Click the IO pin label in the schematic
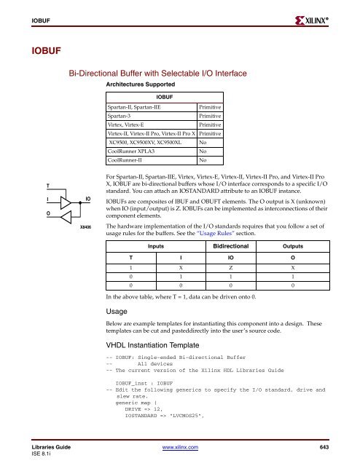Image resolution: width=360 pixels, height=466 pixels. click(87, 197)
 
